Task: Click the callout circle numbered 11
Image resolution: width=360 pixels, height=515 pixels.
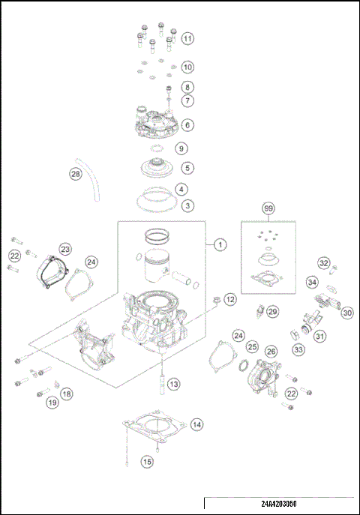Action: [x=187, y=38]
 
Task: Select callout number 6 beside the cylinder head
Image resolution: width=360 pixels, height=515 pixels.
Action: [x=187, y=124]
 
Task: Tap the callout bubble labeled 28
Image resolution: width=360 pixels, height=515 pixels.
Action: [x=75, y=174]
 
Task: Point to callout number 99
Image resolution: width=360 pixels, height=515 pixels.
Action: [x=268, y=208]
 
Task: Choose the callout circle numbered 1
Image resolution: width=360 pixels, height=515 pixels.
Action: [x=219, y=244]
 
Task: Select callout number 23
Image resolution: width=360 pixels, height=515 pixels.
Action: [x=65, y=248]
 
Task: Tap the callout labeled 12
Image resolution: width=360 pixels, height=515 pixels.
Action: [x=229, y=299]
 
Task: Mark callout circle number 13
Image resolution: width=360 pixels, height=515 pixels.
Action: [x=173, y=384]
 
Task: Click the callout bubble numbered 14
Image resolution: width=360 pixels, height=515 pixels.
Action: [x=196, y=425]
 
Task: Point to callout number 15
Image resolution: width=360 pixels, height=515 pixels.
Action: [x=147, y=463]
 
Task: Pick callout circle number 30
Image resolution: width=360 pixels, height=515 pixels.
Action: [x=346, y=313]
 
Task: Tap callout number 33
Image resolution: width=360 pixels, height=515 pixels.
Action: [x=298, y=349]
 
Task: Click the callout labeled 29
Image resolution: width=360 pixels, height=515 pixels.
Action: [x=272, y=310]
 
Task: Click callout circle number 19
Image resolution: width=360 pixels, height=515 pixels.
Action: [x=52, y=403]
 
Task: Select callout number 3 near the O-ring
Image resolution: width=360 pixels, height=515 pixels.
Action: [x=187, y=205]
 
